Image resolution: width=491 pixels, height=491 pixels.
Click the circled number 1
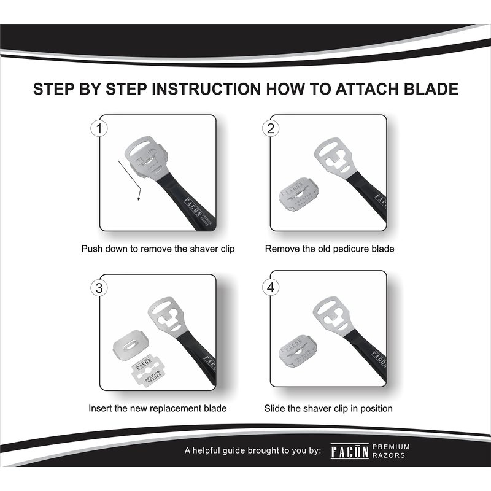pos(99,129)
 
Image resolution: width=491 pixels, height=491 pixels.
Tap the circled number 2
pos(271,129)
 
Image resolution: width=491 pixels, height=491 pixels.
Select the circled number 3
pos(99,288)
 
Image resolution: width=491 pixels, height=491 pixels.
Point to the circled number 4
pos(271,287)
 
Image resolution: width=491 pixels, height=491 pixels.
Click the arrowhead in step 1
pos(139,198)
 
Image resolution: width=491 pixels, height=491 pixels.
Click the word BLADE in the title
pos(431,89)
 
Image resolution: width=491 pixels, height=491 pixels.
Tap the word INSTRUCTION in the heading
pos(206,89)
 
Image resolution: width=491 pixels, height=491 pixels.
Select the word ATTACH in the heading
pos(367,89)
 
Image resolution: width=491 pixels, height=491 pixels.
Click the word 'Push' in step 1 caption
pos(91,249)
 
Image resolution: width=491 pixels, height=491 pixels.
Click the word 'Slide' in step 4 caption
pos(274,408)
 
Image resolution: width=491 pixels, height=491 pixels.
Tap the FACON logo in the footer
pos(349,451)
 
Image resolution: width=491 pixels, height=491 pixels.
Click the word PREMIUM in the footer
pos(391,447)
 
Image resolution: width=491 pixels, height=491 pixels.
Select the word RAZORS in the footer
pos(389,455)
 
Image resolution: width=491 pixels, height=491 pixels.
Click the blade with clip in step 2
pos(298,195)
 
